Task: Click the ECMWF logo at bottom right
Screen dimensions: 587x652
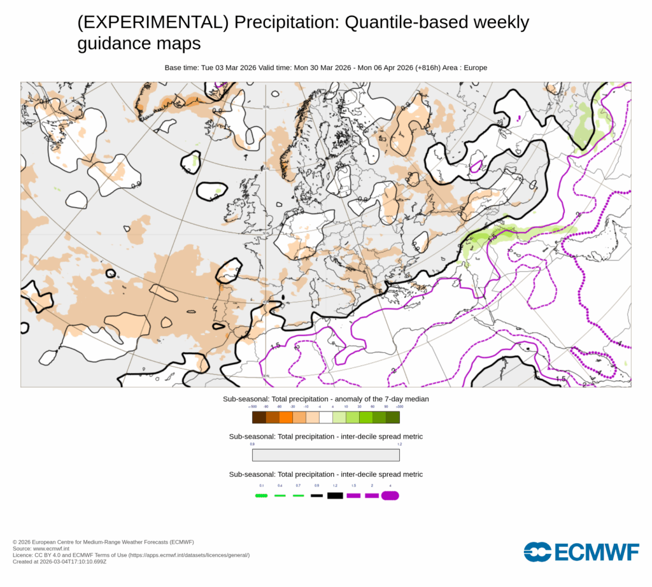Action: tap(581, 552)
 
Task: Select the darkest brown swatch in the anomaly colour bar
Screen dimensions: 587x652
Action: tap(259, 418)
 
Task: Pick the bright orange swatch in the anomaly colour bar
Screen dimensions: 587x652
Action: tap(286, 418)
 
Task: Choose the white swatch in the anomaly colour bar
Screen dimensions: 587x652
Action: tap(326, 418)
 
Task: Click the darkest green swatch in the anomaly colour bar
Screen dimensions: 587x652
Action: tap(393, 418)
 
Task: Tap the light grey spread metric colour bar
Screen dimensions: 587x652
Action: tap(326, 455)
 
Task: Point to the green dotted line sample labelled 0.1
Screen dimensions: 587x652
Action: tap(260, 495)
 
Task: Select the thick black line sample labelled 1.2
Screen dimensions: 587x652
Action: tap(335, 495)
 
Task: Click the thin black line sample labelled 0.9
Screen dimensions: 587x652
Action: tap(316, 495)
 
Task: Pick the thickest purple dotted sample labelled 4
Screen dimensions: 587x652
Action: tap(390, 495)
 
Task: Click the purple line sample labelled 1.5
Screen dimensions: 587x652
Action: tap(353, 495)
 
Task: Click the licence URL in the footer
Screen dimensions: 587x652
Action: tap(189, 555)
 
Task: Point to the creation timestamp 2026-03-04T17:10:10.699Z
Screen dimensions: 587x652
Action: tap(74, 562)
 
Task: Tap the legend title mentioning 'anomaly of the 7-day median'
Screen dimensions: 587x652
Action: tap(325, 399)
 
